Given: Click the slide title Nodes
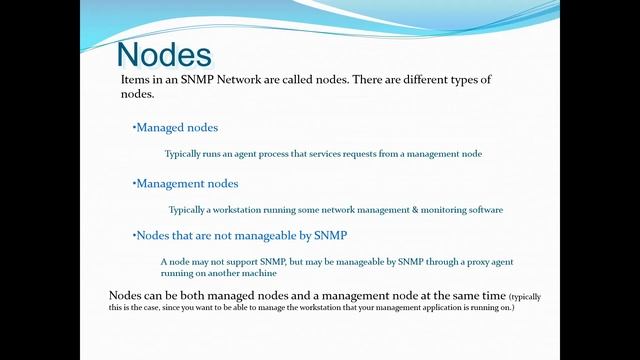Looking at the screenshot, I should pos(164,53).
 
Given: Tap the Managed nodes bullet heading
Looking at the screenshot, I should pos(177,128).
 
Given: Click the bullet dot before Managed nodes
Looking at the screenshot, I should pos(134,128).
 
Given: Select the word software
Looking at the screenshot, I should pos(481,210).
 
